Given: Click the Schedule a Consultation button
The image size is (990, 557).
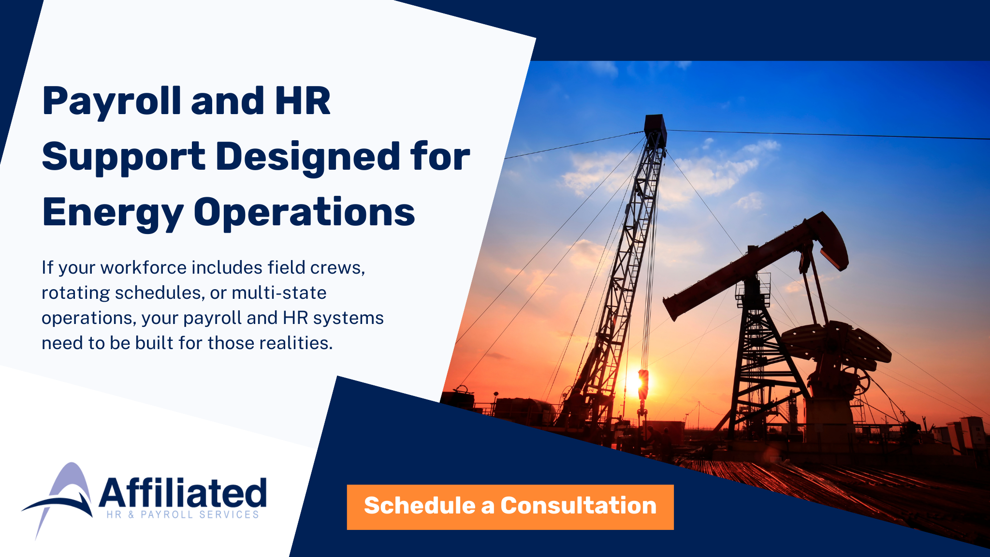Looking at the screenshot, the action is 510,507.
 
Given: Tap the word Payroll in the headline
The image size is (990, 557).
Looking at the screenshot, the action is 112,102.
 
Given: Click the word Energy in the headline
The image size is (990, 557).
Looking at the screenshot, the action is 113,213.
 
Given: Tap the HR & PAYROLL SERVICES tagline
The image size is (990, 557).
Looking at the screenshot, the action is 183,514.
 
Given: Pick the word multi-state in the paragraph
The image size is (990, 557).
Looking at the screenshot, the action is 279,293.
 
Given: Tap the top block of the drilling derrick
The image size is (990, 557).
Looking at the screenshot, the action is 655,127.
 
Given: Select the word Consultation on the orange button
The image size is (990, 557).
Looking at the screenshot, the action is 578,506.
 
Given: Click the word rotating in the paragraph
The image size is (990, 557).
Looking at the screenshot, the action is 76,293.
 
